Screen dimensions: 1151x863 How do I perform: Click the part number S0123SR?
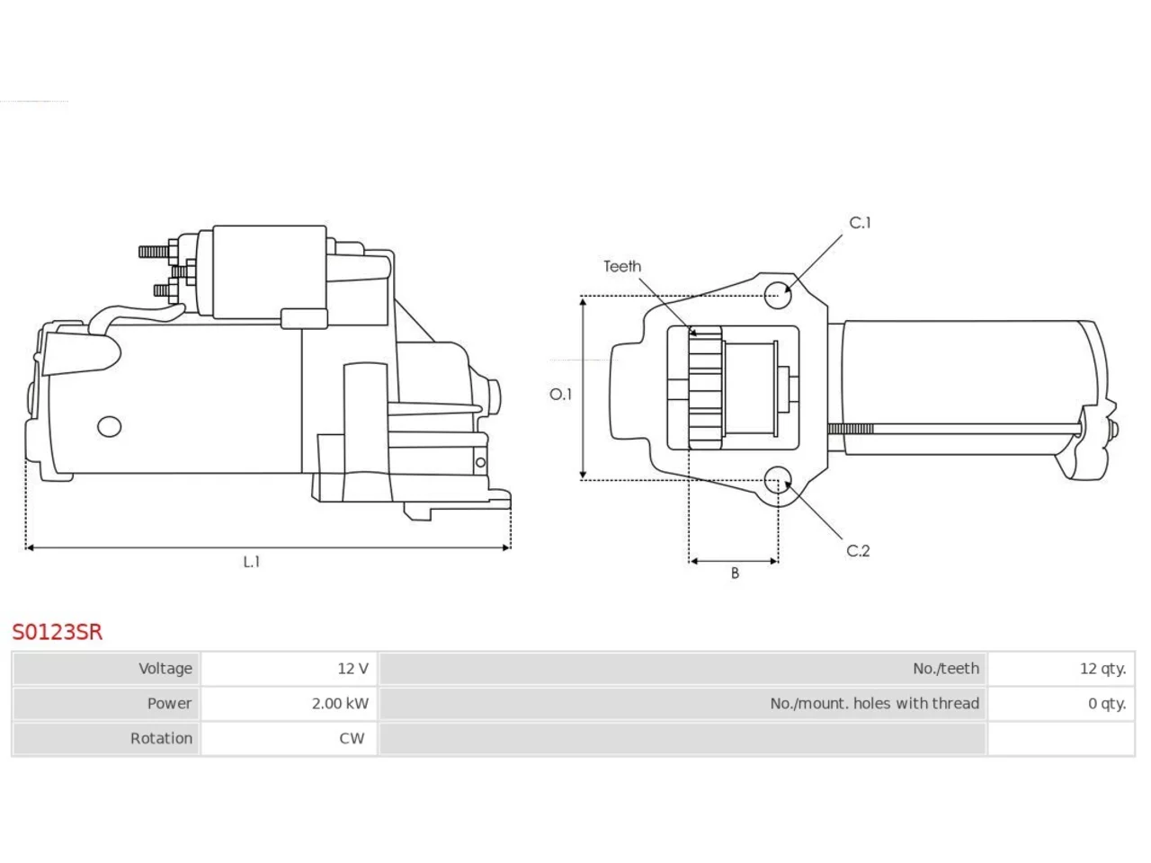[x=58, y=632]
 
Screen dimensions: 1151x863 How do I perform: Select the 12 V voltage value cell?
[x=289, y=669]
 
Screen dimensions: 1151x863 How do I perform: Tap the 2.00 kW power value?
[x=340, y=703]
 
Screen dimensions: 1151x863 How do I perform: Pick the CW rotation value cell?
[x=289, y=738]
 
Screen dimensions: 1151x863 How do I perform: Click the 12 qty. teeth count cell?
[x=1061, y=669]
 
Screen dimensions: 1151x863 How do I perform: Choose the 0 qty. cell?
[x=1061, y=703]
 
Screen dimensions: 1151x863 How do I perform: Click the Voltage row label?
[x=165, y=669]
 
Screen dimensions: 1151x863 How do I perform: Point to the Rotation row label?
[x=161, y=738]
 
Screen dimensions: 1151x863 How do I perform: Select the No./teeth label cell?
[x=683, y=669]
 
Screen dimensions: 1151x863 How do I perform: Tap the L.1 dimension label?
[x=252, y=562]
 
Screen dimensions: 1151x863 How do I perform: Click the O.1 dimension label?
[x=560, y=394]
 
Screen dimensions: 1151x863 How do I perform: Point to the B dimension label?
[x=735, y=574]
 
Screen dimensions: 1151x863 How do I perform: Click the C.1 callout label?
[x=860, y=223]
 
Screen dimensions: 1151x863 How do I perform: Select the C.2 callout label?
[x=858, y=551]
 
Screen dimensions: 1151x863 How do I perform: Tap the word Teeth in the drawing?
[x=622, y=266]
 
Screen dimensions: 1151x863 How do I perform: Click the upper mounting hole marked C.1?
[x=778, y=295]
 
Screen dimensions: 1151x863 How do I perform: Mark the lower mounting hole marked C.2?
[x=777, y=479]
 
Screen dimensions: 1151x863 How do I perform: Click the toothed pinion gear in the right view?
[x=705, y=387]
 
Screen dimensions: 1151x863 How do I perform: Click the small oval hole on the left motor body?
[x=109, y=426]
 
